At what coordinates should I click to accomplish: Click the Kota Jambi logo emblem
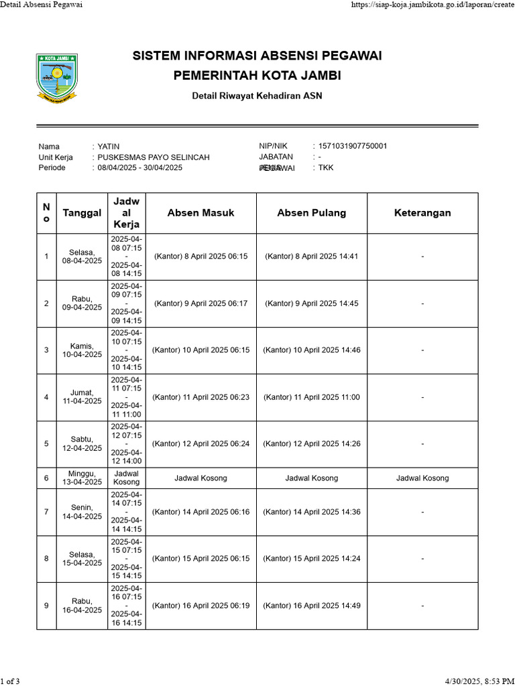coord(56,80)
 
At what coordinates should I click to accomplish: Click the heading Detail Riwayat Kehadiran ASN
coord(257,96)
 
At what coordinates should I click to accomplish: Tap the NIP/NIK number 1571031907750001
coord(352,146)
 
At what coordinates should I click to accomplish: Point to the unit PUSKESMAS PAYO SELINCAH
coord(154,157)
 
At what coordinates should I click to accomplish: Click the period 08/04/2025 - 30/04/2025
coord(139,167)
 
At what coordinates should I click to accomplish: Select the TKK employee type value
coord(325,167)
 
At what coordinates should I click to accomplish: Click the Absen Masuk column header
coord(201,213)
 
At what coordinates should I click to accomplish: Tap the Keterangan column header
coord(422,213)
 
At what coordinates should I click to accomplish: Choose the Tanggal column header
coord(82,213)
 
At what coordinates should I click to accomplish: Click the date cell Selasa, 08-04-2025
coord(82,257)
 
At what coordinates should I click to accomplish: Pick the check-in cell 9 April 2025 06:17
coord(201,303)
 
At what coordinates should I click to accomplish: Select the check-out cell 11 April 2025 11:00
coord(311,397)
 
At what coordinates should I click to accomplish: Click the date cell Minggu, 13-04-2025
coord(82,478)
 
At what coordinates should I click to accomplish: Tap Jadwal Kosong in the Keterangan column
coord(422,478)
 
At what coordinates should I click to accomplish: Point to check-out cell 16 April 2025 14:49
coord(311,606)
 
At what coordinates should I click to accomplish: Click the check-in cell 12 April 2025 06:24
coord(201,443)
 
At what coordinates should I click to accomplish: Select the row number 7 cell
coord(46,512)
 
